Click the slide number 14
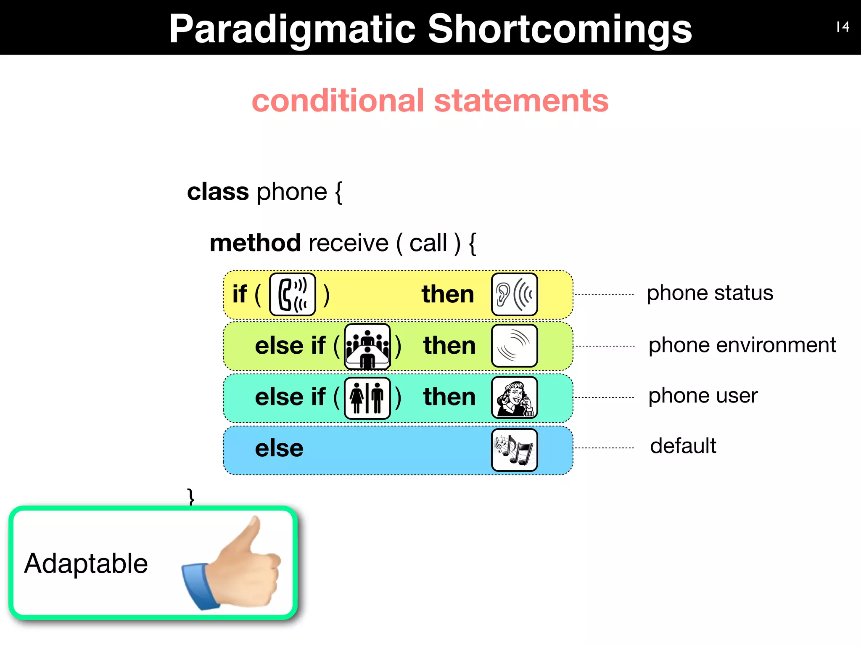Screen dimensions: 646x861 point(843,27)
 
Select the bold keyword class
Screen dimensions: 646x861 point(218,192)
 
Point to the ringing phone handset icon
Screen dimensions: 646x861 point(293,294)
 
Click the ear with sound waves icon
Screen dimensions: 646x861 point(514,294)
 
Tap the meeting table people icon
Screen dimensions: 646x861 point(367,347)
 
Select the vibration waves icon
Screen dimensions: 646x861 point(514,346)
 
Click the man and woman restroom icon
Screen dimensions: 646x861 point(367,398)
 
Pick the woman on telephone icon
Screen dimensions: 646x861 point(514,397)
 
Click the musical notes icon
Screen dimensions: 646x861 point(514,450)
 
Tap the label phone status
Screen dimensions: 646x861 point(710,293)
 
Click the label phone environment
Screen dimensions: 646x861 point(742,345)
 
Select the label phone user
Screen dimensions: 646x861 point(703,395)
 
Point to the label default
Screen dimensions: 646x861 point(683,446)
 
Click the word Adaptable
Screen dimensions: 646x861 point(86,564)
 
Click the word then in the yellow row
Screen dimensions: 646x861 point(448,294)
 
